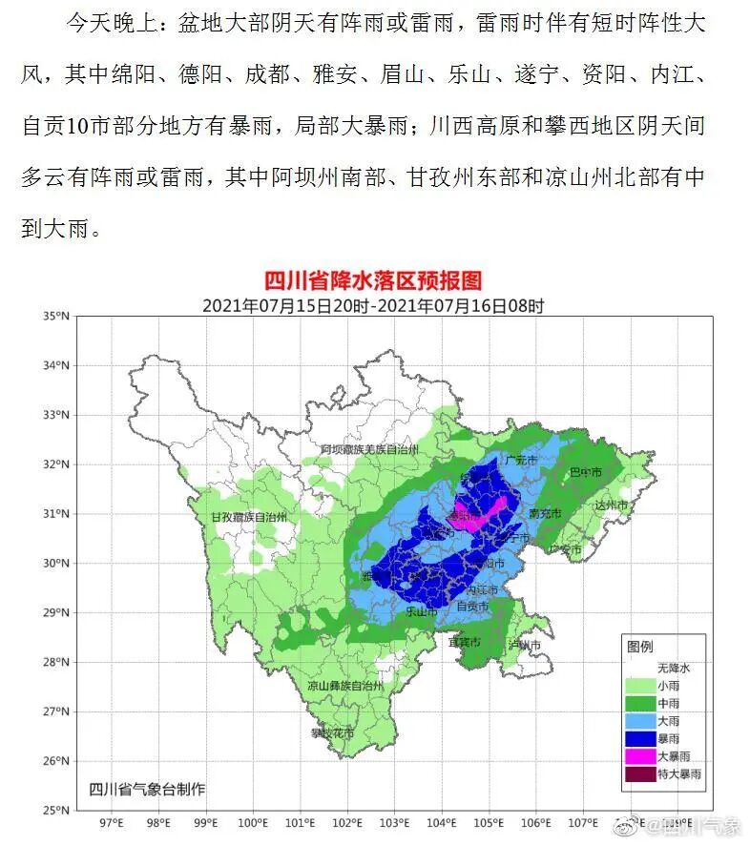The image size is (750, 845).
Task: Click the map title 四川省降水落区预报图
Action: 373,281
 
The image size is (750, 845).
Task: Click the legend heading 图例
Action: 640,647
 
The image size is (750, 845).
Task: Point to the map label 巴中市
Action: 586,472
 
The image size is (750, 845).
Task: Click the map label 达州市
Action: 612,505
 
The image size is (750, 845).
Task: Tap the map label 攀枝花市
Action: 331,733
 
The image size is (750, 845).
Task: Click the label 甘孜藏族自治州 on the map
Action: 248,516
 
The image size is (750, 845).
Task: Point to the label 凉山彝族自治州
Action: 344,686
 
